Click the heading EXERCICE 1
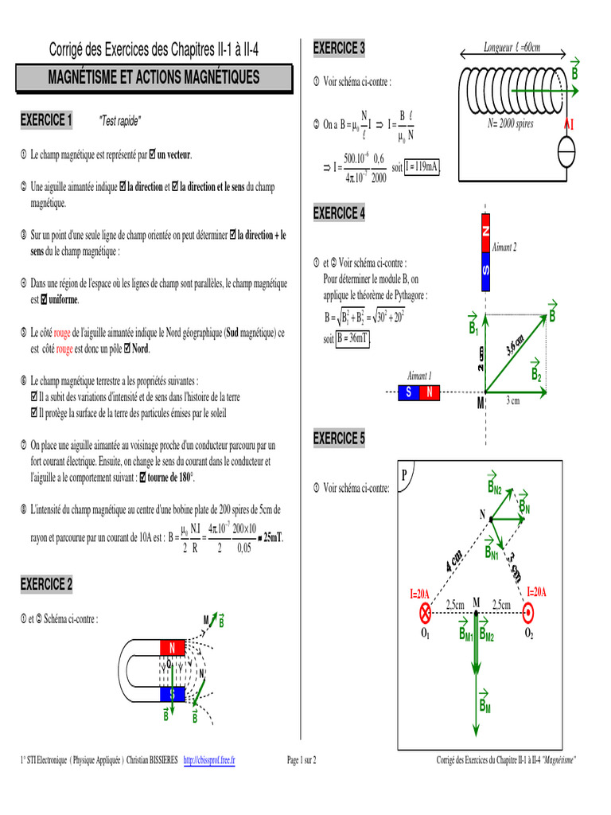[x=46, y=121]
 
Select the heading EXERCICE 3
[x=339, y=49]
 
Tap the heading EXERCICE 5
[x=339, y=439]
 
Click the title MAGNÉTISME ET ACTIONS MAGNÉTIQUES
[x=154, y=77]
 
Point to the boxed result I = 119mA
[x=422, y=167]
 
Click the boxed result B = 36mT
[x=353, y=337]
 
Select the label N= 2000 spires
[x=511, y=124]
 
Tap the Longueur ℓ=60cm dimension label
[x=512, y=49]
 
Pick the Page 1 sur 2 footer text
[x=302, y=761]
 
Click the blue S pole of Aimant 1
[x=408, y=392]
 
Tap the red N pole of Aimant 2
[x=485, y=231]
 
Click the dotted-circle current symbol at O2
[x=529, y=612]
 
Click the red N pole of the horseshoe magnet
[x=173, y=646]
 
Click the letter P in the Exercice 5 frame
[x=405, y=475]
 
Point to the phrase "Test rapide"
[x=119, y=122]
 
